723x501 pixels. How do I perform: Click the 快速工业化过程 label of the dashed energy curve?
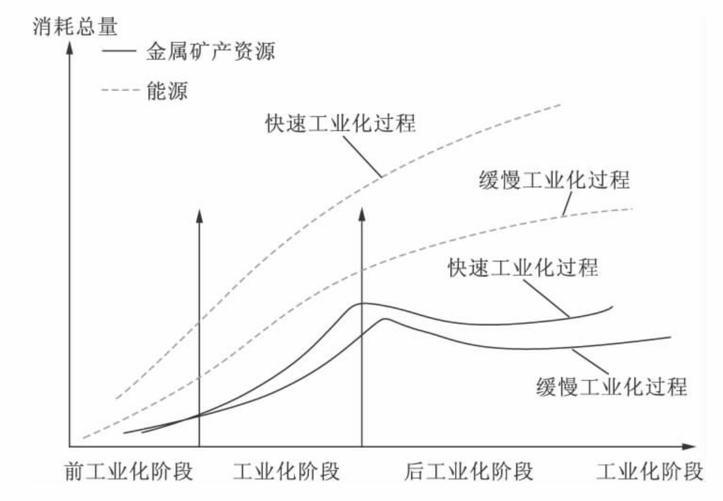coord(339,123)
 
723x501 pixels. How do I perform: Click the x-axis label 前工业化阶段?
coord(127,471)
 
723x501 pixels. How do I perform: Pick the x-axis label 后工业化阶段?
coord(471,471)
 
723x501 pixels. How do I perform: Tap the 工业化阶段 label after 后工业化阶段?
coord(649,471)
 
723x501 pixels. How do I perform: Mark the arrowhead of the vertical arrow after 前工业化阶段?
coord(199,215)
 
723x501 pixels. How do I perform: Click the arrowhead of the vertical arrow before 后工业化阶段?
coord(362,215)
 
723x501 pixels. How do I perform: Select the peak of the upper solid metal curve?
coord(362,303)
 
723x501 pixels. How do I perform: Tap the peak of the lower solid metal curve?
coord(385,319)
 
